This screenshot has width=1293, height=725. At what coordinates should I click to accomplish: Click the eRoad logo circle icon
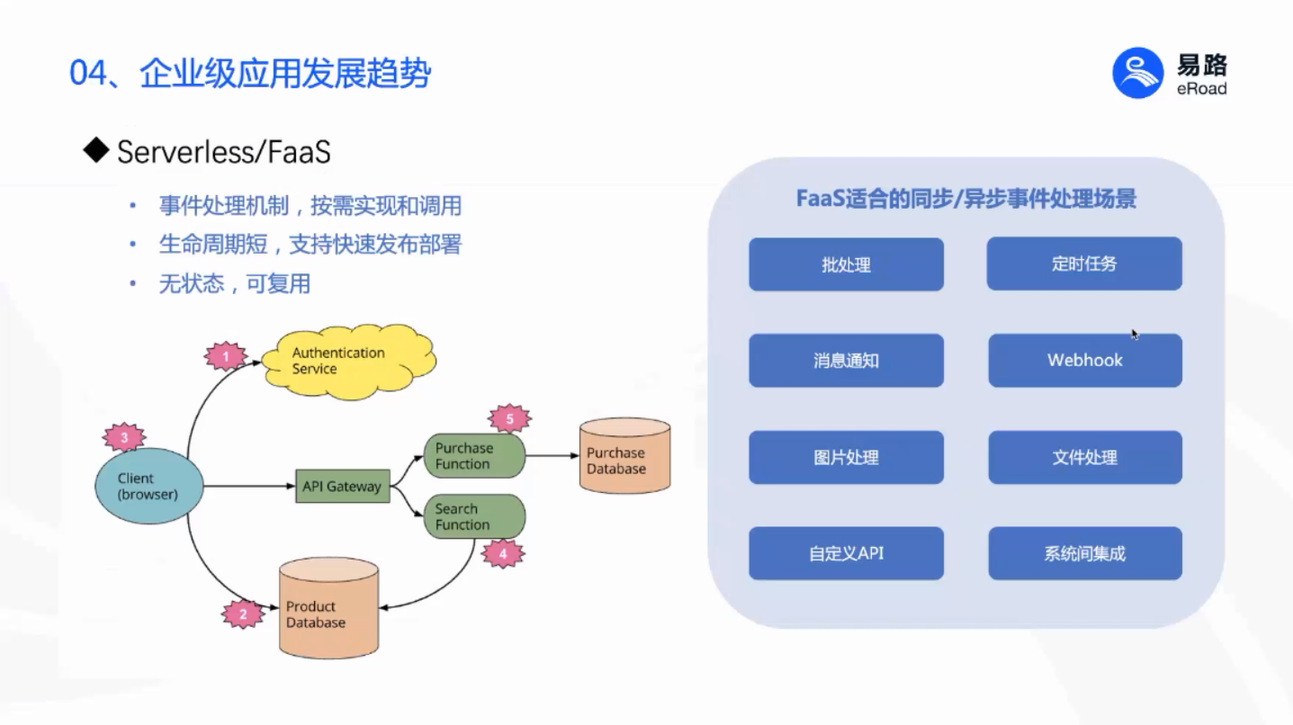click(1137, 73)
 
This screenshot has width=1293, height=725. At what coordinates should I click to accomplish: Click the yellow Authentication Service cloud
click(348, 362)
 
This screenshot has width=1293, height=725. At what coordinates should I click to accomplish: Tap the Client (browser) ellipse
click(149, 486)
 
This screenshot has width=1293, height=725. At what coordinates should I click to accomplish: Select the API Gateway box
click(342, 486)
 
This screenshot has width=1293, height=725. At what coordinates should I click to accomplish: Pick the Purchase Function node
click(474, 456)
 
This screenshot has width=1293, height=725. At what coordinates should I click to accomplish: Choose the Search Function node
click(474, 516)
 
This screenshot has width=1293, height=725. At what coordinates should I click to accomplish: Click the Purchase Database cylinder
click(625, 455)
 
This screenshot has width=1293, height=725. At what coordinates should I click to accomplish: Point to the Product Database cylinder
click(329, 607)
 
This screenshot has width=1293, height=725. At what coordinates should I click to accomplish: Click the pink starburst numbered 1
click(226, 356)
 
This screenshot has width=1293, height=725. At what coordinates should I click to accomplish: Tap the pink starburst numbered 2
click(243, 613)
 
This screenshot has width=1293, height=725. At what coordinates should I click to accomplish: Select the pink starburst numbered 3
click(124, 437)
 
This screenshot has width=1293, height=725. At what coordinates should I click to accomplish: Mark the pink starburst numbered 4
click(503, 553)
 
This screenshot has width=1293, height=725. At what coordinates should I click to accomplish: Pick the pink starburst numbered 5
click(509, 418)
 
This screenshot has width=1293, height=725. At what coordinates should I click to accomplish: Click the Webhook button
click(1085, 360)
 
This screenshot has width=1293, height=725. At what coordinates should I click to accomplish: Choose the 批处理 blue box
click(846, 264)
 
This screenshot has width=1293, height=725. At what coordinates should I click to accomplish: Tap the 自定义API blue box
click(846, 553)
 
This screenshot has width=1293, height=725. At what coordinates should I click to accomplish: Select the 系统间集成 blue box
click(1085, 553)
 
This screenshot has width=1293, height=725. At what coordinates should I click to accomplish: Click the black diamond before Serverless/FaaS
click(95, 150)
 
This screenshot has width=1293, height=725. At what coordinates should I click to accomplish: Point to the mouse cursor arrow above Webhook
click(1135, 335)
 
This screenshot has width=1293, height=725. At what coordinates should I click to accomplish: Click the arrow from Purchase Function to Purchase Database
click(552, 455)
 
